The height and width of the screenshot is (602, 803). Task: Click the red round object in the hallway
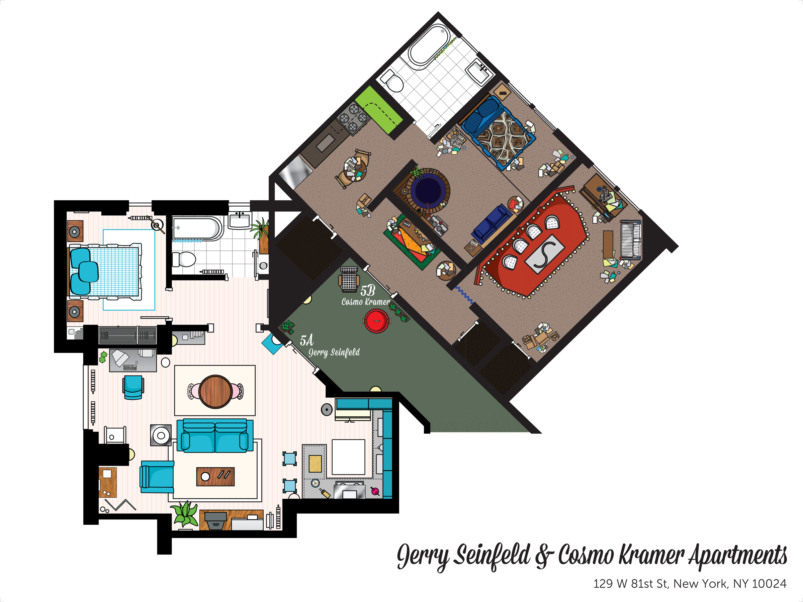pyautogui.click(x=376, y=321)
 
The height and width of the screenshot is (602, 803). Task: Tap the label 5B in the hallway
pyautogui.click(x=367, y=291)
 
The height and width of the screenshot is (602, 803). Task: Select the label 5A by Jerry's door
pyautogui.click(x=307, y=340)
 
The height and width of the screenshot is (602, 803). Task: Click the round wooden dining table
pyautogui.click(x=215, y=392)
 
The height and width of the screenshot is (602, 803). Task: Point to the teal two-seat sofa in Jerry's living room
pyautogui.click(x=215, y=435)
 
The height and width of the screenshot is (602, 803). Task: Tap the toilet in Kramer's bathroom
pyautogui.click(x=392, y=81)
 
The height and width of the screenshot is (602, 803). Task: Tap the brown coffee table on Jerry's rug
pyautogui.click(x=215, y=477)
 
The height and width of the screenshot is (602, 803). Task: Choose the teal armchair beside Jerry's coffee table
pyautogui.click(x=157, y=477)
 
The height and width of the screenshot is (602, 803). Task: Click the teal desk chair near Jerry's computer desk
pyautogui.click(x=133, y=388)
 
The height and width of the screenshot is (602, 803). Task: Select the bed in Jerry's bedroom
pyautogui.click(x=105, y=272)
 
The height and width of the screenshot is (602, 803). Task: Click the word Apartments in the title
pyautogui.click(x=738, y=555)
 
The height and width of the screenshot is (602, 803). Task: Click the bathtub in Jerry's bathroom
pyautogui.click(x=197, y=228)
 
